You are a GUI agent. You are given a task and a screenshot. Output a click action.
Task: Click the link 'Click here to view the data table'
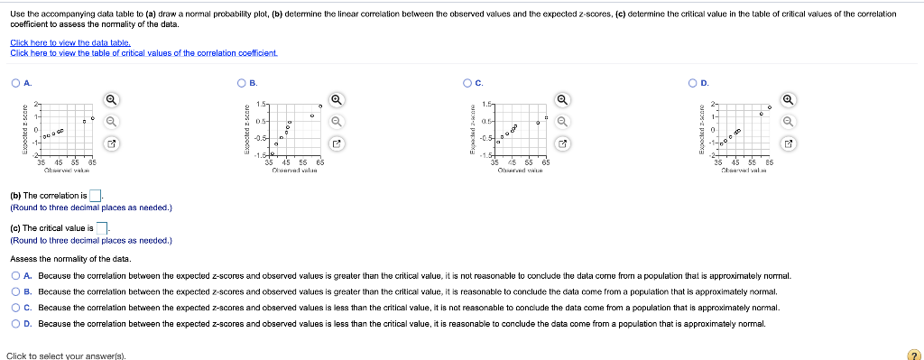[x=70, y=43]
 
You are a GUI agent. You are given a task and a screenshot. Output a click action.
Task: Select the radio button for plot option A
[x=15, y=83]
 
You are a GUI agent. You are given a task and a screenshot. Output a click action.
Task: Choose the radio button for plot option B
[x=241, y=83]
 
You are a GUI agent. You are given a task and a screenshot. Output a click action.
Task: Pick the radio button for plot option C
[x=467, y=83]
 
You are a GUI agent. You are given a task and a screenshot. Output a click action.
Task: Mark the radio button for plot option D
[x=692, y=83]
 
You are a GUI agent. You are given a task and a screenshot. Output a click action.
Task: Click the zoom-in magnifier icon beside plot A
[x=110, y=100]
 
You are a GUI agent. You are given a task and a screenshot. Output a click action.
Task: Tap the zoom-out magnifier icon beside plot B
[x=336, y=122]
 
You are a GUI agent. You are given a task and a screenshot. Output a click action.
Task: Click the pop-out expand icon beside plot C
[x=561, y=143]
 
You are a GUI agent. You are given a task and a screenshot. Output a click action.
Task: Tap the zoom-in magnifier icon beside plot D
[x=788, y=100]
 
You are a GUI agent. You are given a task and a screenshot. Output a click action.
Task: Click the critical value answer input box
[x=102, y=228]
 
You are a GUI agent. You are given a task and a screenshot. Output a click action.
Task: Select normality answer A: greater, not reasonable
[x=15, y=276]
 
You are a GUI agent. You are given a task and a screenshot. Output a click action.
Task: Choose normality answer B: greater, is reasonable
[x=15, y=292]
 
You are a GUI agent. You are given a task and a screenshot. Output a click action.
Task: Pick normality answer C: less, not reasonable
[x=15, y=308]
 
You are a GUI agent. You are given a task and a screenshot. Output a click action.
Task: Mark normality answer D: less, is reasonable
[x=15, y=324]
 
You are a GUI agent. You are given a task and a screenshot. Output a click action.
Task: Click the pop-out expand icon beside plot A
[x=110, y=143]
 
